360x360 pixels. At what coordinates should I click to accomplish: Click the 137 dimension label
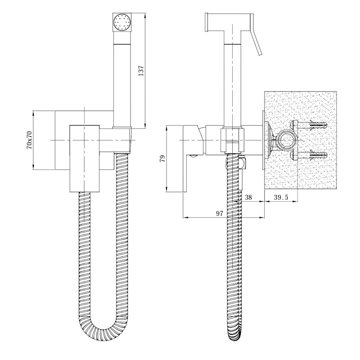[x=141, y=71]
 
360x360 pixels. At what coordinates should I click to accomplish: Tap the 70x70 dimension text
[x=30, y=140]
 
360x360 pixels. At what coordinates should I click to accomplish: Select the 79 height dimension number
[x=162, y=159]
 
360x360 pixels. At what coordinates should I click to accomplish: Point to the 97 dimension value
[x=220, y=213]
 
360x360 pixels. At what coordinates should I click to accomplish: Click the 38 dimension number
[x=248, y=197]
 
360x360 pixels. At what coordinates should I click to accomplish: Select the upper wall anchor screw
[x=309, y=125]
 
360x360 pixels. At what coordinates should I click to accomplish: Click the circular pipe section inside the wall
[x=286, y=140]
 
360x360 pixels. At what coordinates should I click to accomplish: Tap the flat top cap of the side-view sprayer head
[x=207, y=22]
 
